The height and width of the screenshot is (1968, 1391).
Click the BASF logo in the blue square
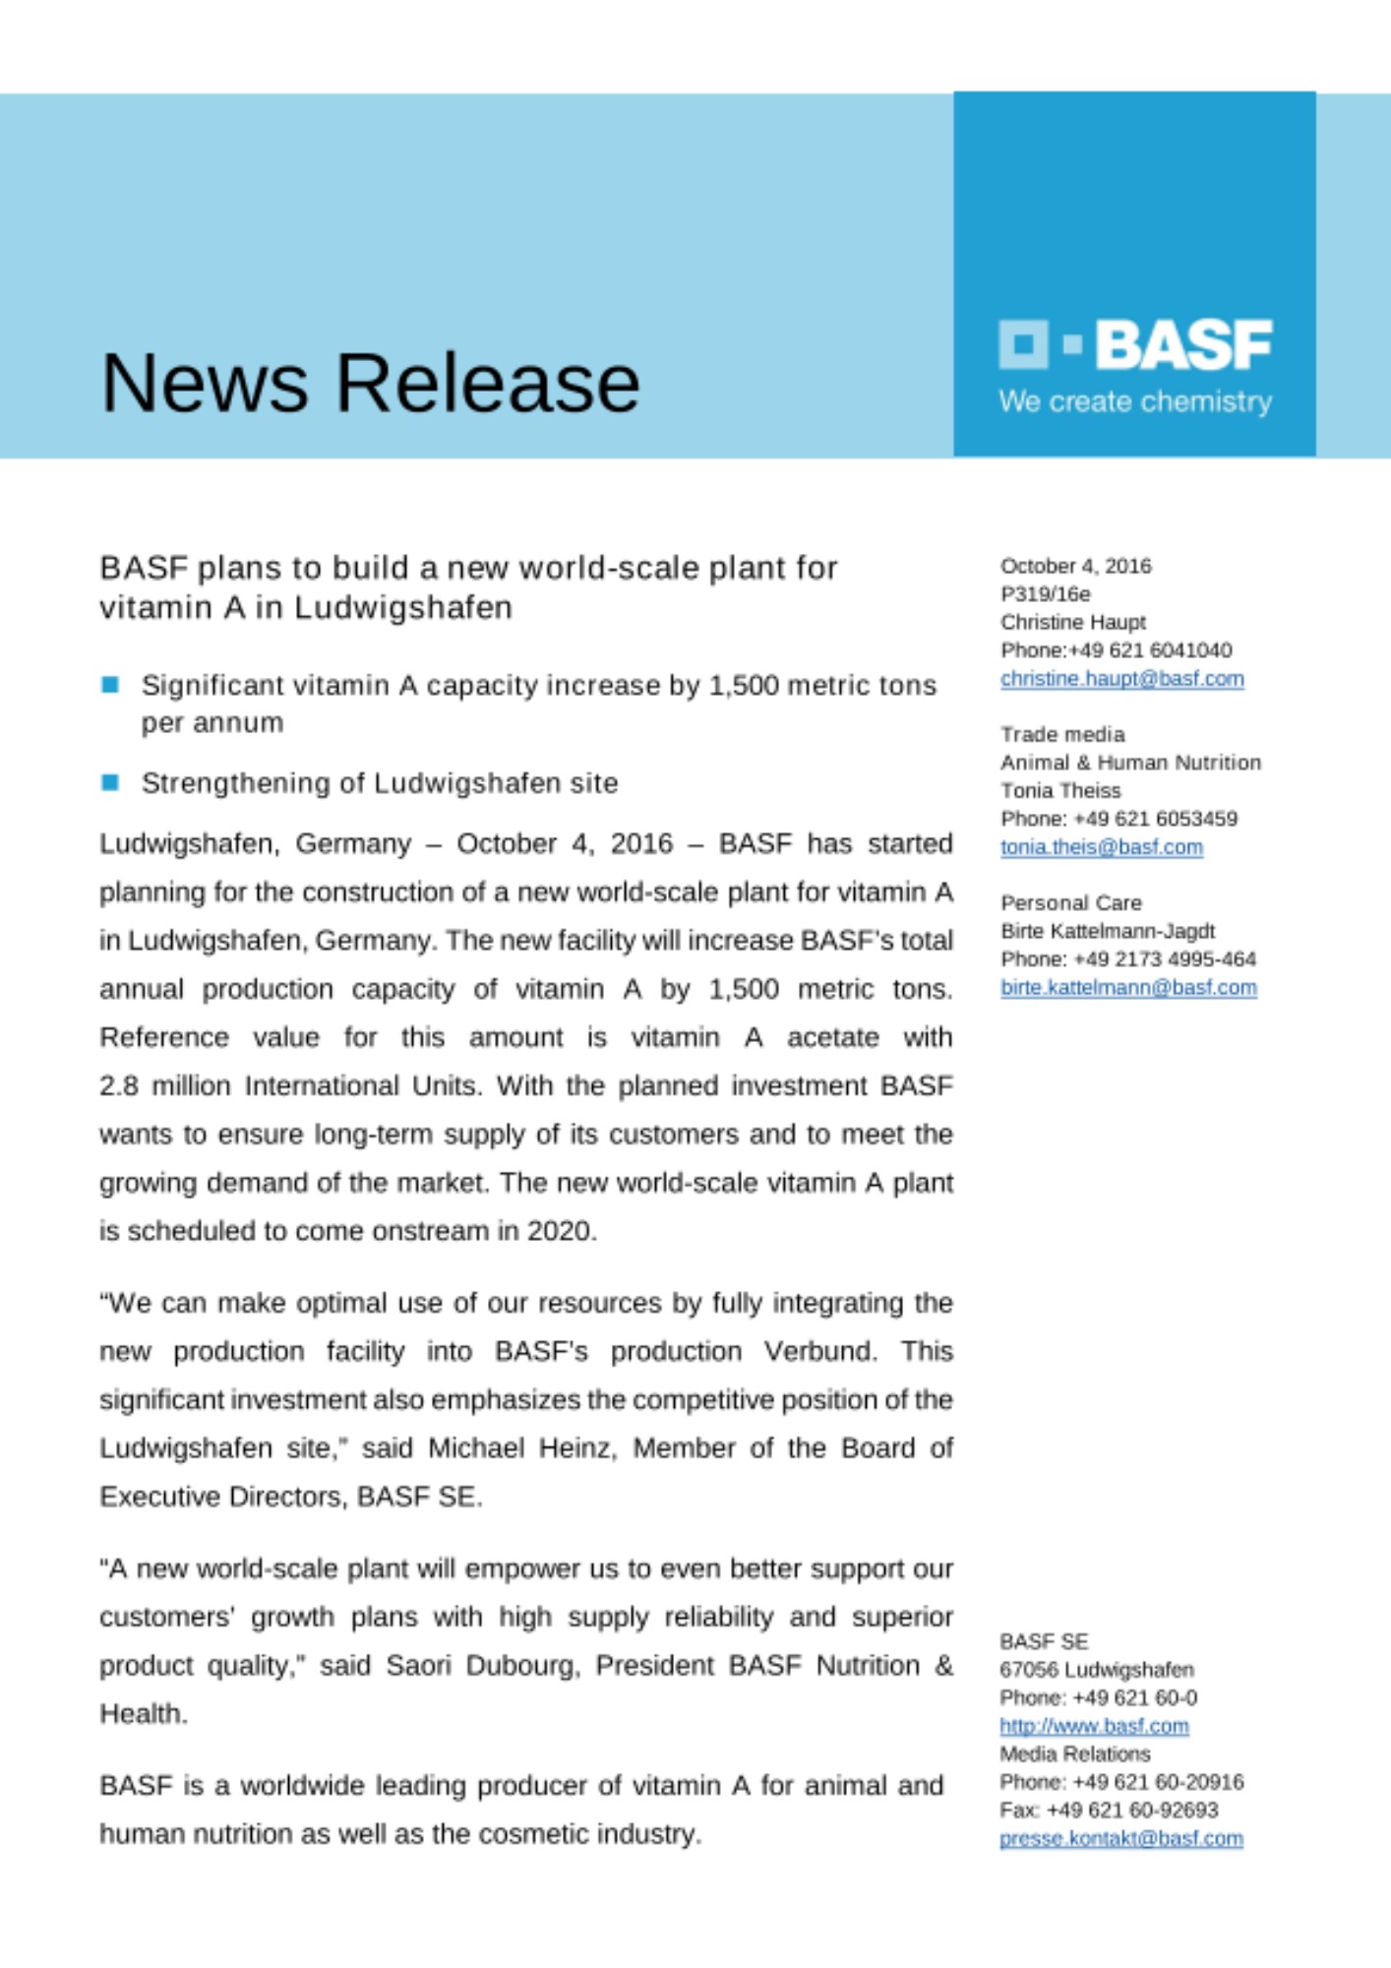click(1135, 344)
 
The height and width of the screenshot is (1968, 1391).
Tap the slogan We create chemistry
click(1135, 401)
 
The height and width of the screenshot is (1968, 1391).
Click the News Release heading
click(370, 383)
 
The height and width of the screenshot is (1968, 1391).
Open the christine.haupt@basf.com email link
click(1121, 679)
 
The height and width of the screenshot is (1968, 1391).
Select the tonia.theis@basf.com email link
click(1101, 847)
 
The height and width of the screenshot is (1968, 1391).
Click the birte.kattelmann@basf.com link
click(1128, 987)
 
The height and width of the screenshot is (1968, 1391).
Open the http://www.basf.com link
click(1094, 1726)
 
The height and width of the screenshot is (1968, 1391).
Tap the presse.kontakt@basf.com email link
click(1120, 1838)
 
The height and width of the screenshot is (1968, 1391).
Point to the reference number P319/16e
click(1045, 594)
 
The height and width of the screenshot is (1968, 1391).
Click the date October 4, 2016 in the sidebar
click(1075, 566)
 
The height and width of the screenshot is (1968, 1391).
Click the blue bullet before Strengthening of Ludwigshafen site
click(110, 782)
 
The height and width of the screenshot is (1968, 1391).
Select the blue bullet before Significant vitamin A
click(110, 685)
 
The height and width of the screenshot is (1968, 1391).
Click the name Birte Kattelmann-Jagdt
click(1107, 931)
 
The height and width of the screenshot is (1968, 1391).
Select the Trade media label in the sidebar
click(1061, 735)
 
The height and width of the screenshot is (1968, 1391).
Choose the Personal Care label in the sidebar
click(1070, 903)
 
